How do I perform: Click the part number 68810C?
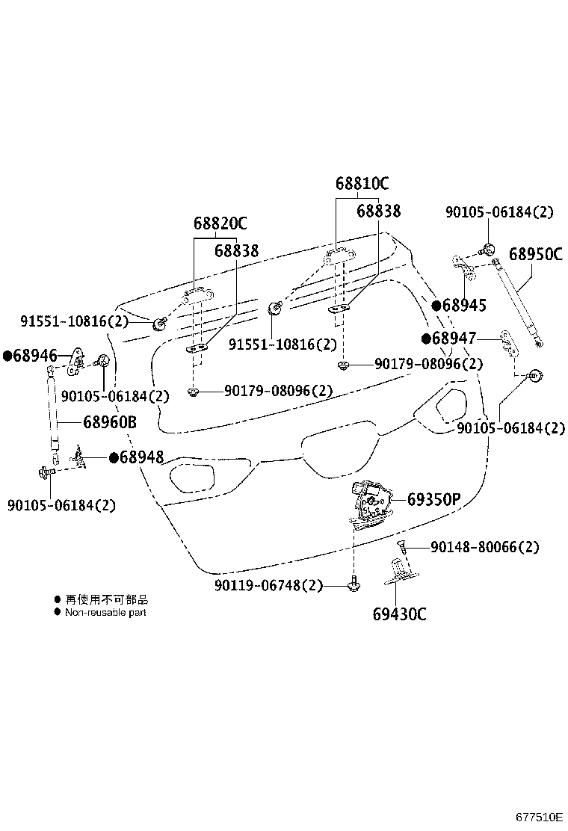click(x=362, y=184)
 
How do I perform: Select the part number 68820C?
click(x=220, y=223)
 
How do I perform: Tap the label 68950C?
click(x=536, y=254)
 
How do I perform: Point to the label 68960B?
click(x=109, y=422)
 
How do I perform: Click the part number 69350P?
click(x=433, y=499)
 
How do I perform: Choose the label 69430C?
click(x=399, y=614)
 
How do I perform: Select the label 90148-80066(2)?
click(x=484, y=547)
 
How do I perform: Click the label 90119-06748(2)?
click(x=268, y=586)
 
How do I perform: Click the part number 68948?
click(x=141, y=457)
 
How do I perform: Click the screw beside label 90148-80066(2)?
click(x=402, y=548)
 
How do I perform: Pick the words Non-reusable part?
click(x=105, y=612)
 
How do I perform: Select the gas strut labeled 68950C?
click(x=519, y=305)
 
